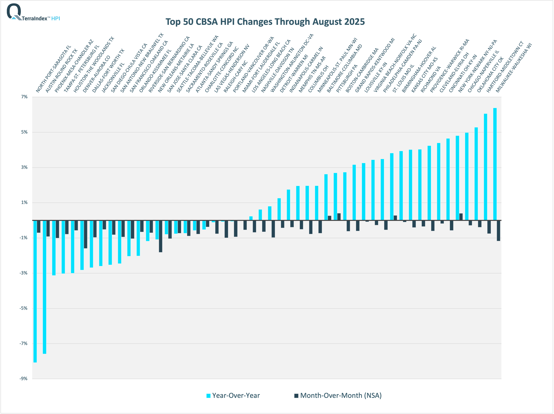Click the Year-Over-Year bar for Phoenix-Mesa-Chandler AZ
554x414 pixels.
pos(54,248)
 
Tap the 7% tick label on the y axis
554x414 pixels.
pos(24,97)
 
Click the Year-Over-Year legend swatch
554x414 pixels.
pos(208,396)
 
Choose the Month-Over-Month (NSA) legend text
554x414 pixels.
pos(341,395)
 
